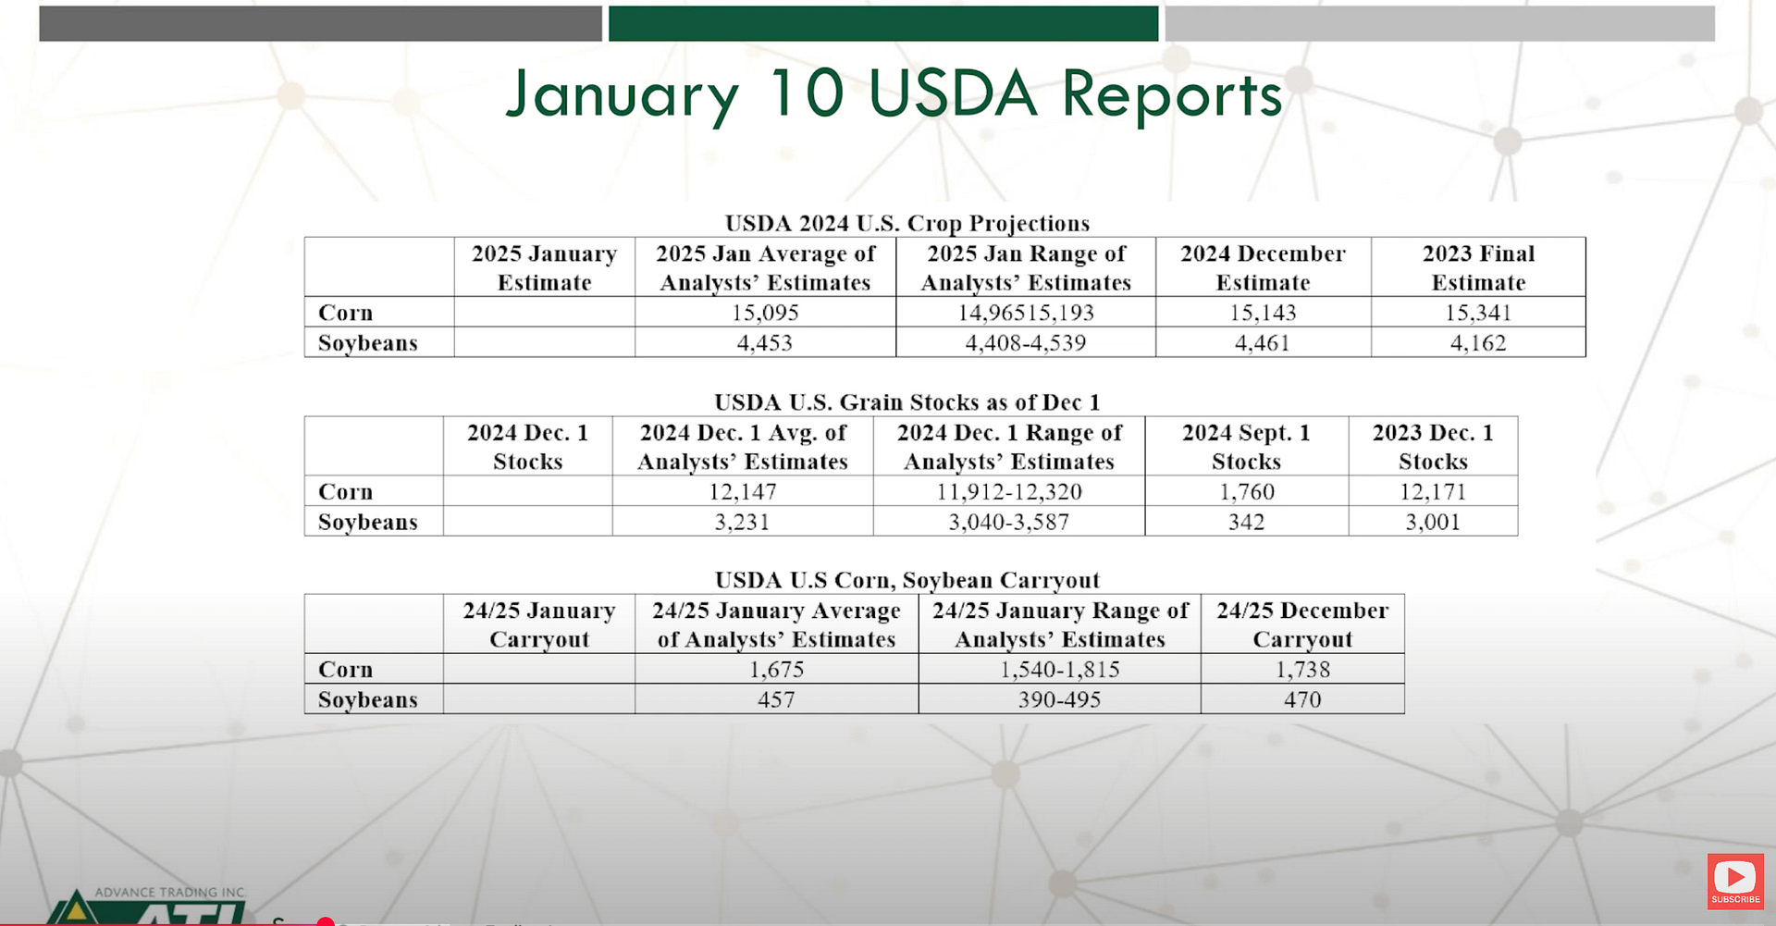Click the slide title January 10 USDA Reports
click(894, 94)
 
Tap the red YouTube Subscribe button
click(1735, 881)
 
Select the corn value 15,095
click(765, 313)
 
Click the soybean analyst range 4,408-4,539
click(1026, 343)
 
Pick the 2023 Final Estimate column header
click(1478, 267)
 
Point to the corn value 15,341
click(1478, 313)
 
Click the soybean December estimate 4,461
click(1263, 343)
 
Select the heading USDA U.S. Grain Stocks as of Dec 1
click(907, 402)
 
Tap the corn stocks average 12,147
click(743, 491)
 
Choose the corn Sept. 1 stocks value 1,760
click(1247, 491)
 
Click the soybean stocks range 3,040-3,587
click(1009, 522)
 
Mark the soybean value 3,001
click(1433, 522)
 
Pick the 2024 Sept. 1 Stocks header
click(1247, 447)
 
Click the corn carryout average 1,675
click(777, 669)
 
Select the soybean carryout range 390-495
click(1060, 699)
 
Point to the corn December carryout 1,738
click(1302, 669)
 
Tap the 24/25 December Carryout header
click(1302, 624)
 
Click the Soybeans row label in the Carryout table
click(368, 699)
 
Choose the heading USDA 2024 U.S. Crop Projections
click(907, 224)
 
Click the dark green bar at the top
click(883, 23)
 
